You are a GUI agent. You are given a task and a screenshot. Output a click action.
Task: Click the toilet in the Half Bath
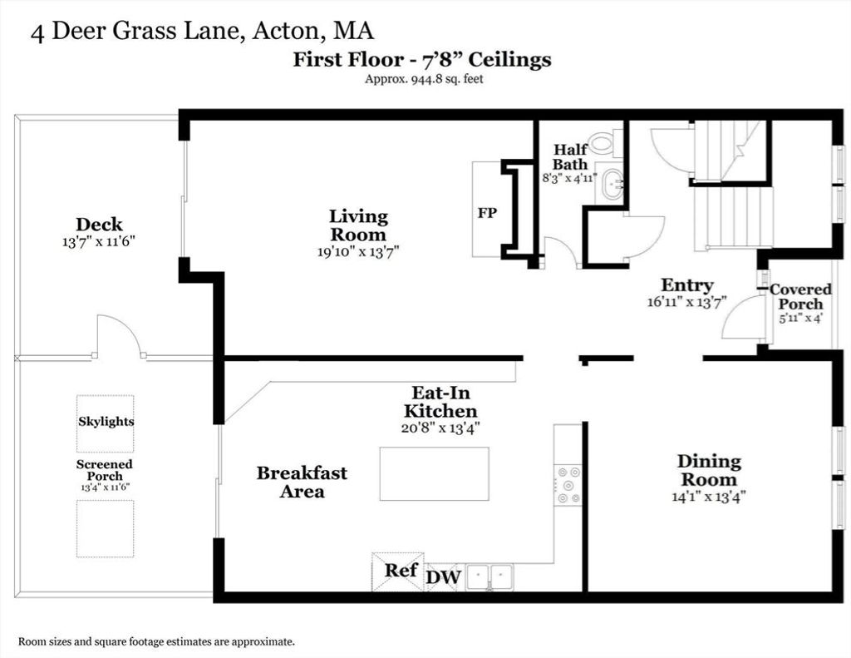pos(605,142)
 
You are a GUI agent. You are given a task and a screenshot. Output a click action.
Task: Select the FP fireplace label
pos(487,212)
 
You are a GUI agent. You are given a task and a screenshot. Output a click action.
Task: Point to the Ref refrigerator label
pos(401,570)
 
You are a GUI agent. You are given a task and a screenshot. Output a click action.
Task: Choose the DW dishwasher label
pos(444,577)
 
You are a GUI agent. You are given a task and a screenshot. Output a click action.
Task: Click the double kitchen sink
pos(489,577)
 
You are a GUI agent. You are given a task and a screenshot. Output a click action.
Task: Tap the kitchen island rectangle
pos(434,474)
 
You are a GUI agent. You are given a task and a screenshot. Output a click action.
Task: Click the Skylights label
pos(106,422)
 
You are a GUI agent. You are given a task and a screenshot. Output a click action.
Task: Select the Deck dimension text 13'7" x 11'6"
pos(98,241)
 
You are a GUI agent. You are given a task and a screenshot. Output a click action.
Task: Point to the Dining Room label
pos(709,471)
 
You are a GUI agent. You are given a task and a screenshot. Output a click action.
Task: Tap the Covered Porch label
pos(800,296)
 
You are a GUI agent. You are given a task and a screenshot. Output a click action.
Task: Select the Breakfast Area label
pos(302,482)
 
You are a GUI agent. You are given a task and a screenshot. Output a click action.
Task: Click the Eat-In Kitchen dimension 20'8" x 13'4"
pos(440,428)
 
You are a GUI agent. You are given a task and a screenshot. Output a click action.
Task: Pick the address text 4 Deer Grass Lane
pos(135,31)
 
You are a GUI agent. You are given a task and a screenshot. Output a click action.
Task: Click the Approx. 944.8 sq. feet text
pos(424,79)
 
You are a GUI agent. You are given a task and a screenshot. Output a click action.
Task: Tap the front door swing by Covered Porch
pos(744,319)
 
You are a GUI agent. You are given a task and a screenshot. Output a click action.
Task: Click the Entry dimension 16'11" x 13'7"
pos(686,302)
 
